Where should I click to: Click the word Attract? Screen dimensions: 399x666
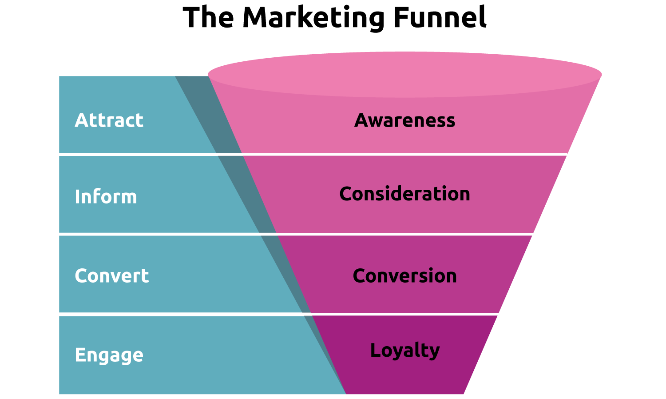109,120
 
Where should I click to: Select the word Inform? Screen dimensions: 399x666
106,197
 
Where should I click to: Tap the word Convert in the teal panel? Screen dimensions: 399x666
111,276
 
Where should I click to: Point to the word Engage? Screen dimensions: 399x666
109,355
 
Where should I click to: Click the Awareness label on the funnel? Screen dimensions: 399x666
404,120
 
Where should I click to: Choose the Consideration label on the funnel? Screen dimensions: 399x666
404,194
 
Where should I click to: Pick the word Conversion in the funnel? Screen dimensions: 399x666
404,276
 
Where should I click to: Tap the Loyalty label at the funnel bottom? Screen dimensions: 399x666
404,350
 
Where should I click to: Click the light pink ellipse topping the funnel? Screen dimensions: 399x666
404,71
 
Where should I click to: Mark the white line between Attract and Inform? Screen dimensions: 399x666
311,154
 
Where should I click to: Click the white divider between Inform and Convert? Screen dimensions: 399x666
311,234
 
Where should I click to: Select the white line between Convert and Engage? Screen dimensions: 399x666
311,314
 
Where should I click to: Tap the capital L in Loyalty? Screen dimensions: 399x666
375,350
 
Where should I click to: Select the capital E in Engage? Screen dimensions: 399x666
79,355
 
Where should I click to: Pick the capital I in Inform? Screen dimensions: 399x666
77,197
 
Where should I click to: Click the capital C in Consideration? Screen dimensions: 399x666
346,194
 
